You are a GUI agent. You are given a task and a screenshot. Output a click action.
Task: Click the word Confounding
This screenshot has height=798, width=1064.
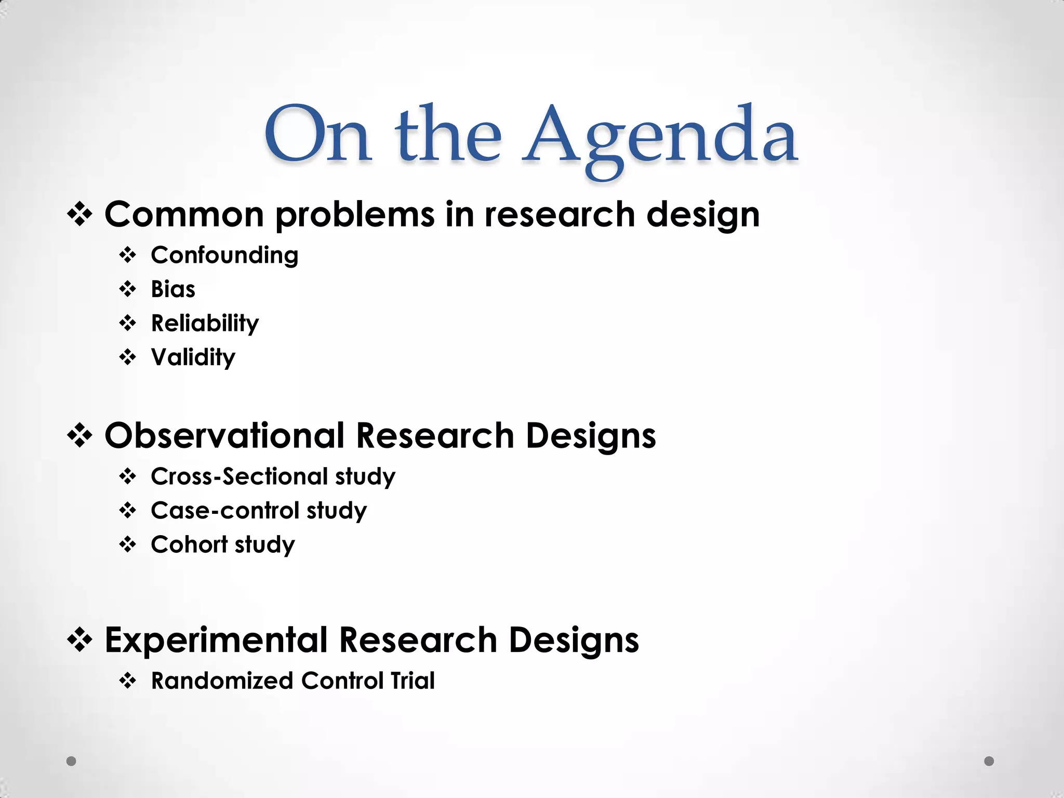(x=224, y=256)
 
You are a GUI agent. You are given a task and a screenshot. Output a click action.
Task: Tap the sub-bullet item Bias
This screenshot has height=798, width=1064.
(x=173, y=289)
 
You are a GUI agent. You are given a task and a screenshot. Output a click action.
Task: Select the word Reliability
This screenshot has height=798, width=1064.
(x=205, y=324)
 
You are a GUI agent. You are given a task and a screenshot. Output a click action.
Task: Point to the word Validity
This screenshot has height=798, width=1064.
(x=193, y=357)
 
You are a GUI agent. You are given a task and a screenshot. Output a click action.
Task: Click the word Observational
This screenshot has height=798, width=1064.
(x=224, y=435)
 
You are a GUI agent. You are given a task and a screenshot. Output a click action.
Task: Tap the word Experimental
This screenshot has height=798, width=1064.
(x=216, y=640)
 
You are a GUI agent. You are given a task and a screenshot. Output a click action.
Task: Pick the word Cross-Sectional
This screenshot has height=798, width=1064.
(x=239, y=476)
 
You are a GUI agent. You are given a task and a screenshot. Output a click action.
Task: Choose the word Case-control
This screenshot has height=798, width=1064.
(x=224, y=511)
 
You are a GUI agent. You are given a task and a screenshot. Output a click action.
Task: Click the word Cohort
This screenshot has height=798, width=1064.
(x=189, y=544)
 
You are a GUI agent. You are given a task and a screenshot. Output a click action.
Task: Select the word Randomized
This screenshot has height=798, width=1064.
(x=222, y=681)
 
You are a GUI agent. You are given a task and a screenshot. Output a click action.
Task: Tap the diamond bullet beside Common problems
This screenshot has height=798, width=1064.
(x=80, y=215)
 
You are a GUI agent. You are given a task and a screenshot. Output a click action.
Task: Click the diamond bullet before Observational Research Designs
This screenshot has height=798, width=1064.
(x=80, y=436)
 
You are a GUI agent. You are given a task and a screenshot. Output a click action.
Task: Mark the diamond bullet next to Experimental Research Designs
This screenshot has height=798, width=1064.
(x=80, y=640)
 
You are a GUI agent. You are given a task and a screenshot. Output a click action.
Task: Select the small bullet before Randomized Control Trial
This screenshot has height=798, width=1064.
(x=127, y=681)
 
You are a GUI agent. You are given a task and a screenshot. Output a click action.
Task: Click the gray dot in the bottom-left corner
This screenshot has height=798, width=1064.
(x=72, y=761)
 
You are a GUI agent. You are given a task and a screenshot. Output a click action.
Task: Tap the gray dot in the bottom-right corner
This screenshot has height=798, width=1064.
(x=989, y=761)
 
